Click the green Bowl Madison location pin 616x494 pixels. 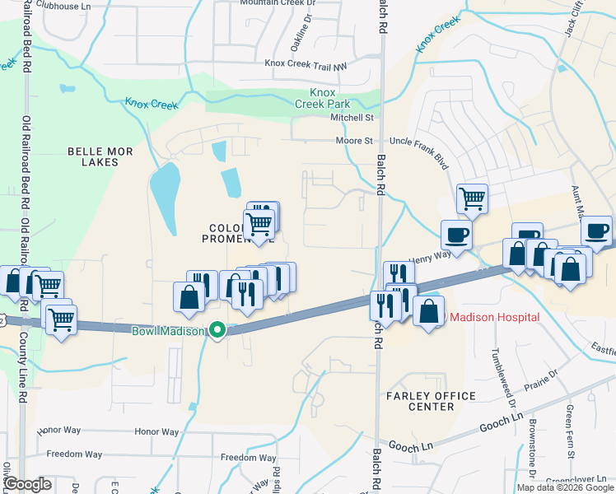point(217,330)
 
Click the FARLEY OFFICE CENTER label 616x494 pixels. point(431,402)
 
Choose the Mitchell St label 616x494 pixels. point(352,118)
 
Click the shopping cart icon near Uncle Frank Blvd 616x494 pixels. point(472,198)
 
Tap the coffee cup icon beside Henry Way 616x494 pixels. point(456,235)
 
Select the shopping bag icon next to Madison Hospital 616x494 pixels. point(428,312)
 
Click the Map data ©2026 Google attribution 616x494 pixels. point(565,487)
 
